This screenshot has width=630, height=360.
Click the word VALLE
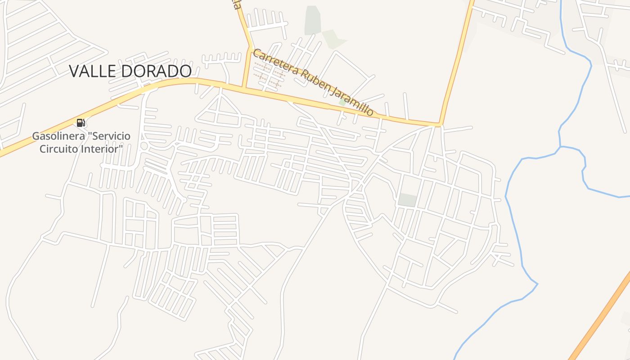click(x=94, y=71)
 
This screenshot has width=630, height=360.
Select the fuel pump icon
click(x=81, y=123)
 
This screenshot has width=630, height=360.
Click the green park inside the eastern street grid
click(x=408, y=200)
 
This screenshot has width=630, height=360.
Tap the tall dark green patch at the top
click(x=312, y=20)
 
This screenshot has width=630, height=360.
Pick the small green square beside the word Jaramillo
click(x=343, y=102)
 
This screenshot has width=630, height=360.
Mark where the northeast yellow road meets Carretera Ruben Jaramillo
click(x=440, y=124)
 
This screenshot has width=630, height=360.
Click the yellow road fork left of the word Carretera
click(x=248, y=47)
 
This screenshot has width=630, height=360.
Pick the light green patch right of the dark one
click(x=333, y=38)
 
